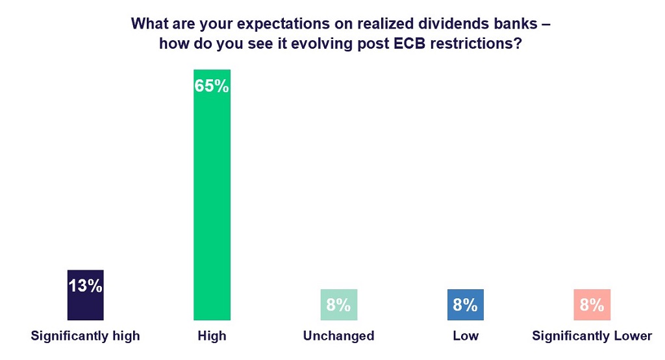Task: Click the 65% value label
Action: point(212,86)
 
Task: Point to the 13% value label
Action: point(85,285)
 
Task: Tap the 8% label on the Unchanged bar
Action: point(338,304)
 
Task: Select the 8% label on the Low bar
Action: point(465,304)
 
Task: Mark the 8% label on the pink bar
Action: point(592,304)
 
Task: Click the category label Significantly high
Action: point(85,336)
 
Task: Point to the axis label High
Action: point(212,336)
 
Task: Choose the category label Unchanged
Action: point(338,336)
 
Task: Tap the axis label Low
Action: point(465,336)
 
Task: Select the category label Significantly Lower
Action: point(592,336)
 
